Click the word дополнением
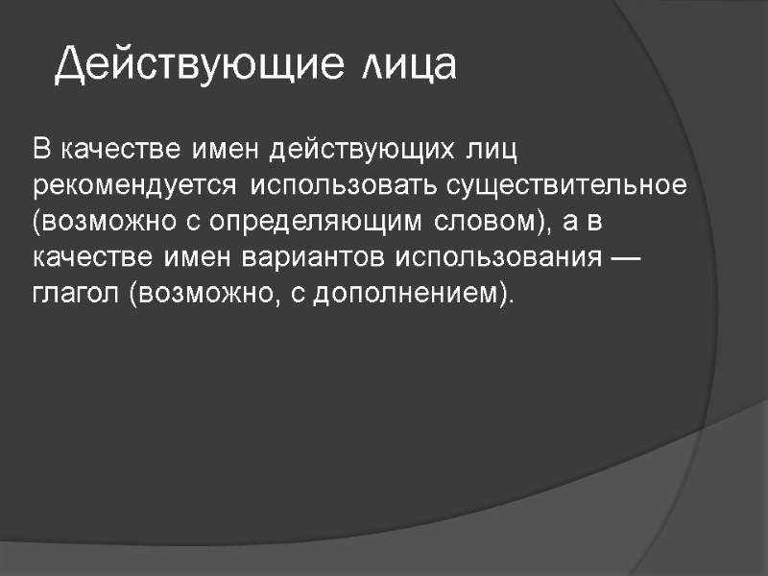(411, 293)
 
